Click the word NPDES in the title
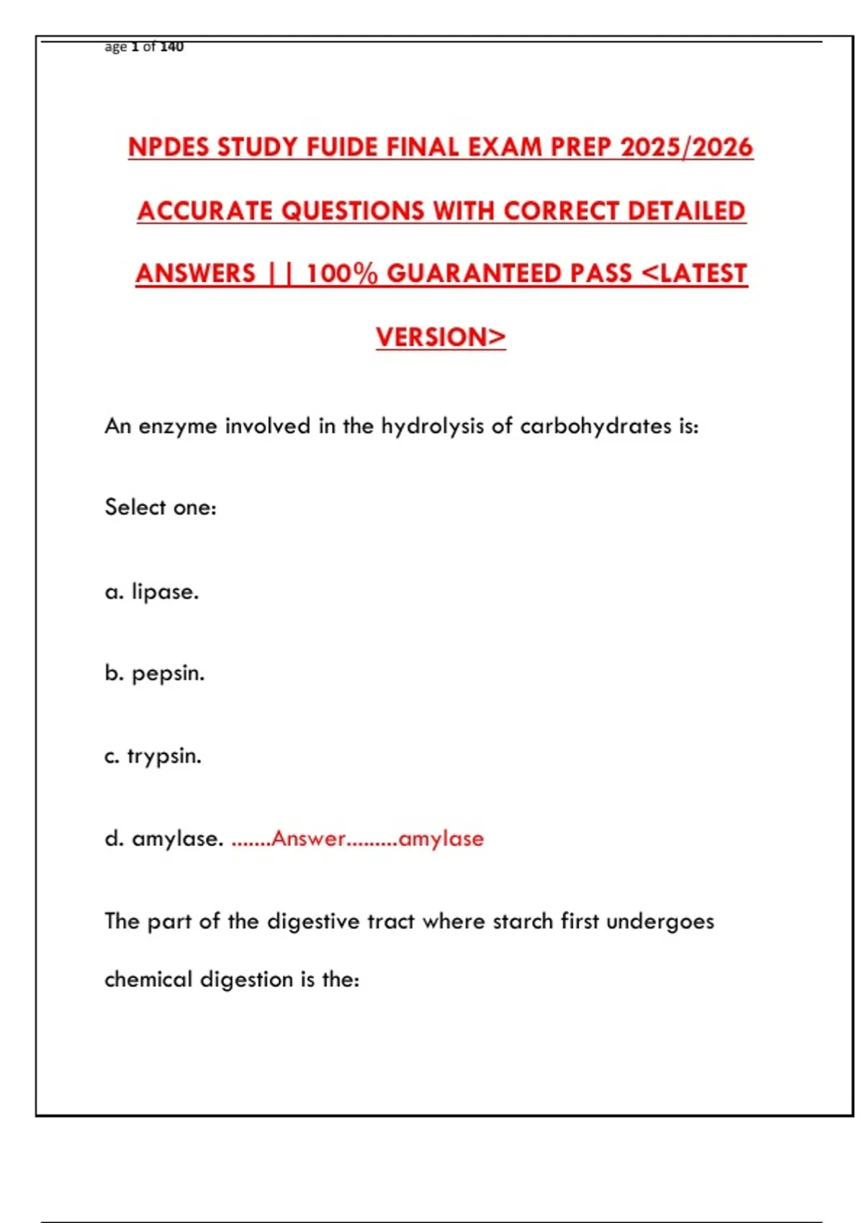169,147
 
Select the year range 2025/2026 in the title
686,147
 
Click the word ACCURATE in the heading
204,211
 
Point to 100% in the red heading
342,274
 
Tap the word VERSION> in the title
441,337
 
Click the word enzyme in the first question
178,427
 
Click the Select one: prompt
161,507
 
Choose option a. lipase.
152,592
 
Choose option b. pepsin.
155,673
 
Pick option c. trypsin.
153,756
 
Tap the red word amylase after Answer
441,839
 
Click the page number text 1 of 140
157,47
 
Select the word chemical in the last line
148,980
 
